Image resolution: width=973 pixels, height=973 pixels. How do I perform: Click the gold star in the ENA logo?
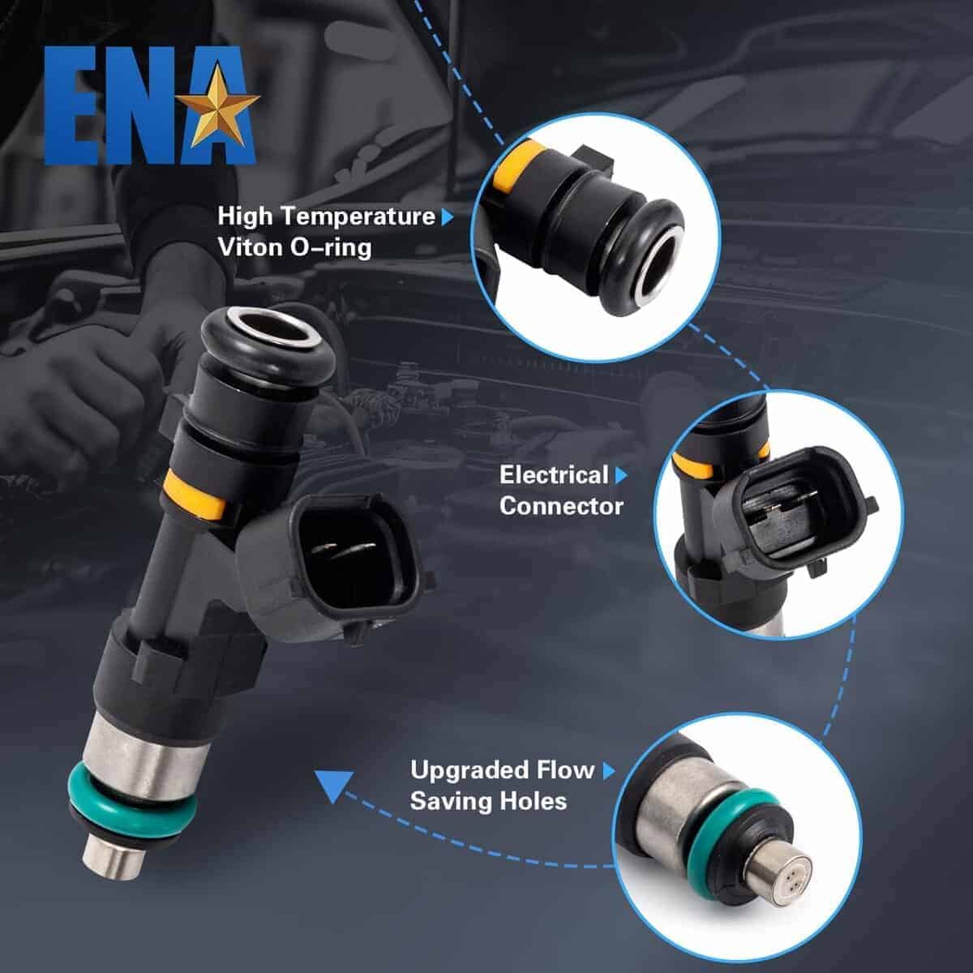tap(217, 105)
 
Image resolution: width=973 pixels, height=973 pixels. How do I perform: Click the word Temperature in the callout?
tap(358, 216)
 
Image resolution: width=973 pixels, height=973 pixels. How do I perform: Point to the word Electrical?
tap(554, 475)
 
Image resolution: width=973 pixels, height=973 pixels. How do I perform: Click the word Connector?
tap(561, 507)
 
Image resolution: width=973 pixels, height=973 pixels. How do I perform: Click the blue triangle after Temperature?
tap(448, 217)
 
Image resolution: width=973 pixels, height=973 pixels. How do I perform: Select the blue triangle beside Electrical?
tap(621, 475)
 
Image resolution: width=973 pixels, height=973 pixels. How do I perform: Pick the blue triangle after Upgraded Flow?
tap(610, 771)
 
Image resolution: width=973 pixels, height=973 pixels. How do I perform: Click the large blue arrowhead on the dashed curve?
tap(332, 787)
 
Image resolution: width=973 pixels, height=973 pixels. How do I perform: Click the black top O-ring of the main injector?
tap(268, 349)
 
